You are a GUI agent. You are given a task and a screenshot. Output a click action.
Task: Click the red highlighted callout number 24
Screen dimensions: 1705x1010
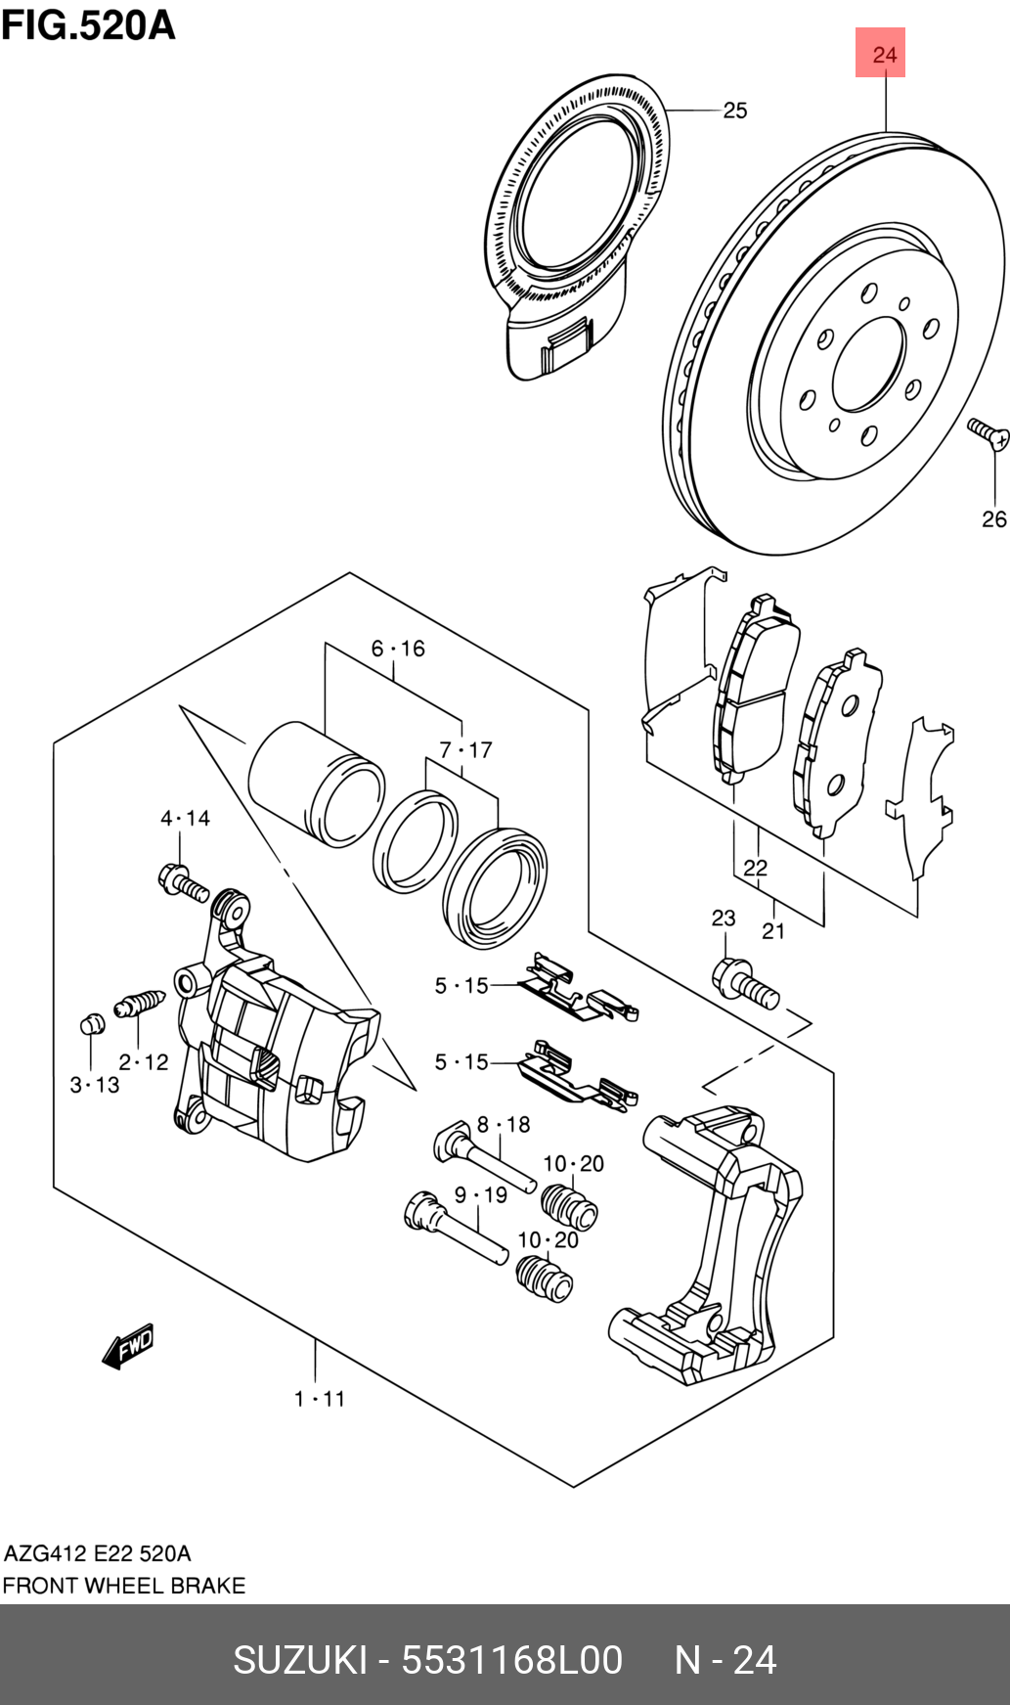883,54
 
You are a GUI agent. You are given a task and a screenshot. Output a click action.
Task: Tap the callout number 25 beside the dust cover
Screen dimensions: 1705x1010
735,111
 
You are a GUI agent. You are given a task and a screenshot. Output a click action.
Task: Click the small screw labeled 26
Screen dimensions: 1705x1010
988,434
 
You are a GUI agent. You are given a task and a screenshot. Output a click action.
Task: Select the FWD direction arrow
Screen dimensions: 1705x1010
128,1346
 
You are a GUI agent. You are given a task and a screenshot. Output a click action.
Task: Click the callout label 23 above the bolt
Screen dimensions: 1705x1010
723,918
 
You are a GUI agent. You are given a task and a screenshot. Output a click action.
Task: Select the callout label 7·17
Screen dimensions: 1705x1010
465,750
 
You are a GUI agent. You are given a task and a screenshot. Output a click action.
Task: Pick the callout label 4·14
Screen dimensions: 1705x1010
185,818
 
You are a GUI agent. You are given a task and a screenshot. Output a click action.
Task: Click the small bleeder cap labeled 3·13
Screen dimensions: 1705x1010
91,1025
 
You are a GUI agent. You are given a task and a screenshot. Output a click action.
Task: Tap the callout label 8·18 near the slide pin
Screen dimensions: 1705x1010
504,1125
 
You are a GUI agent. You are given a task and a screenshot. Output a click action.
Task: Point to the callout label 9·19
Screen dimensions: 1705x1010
481,1194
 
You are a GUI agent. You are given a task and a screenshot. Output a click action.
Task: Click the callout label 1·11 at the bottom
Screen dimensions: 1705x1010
320,1399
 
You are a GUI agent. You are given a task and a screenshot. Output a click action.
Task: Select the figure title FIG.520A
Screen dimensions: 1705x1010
88,24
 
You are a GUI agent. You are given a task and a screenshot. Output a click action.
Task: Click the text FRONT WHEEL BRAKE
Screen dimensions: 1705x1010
123,1586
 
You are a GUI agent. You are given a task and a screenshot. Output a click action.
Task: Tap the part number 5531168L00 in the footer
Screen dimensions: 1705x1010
511,1660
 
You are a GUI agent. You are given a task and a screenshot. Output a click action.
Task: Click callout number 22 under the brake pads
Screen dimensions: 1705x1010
755,868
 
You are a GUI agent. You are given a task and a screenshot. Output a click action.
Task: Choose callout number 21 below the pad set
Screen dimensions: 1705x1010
773,930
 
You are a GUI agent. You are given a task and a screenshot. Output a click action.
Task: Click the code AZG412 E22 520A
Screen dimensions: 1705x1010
98,1553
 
